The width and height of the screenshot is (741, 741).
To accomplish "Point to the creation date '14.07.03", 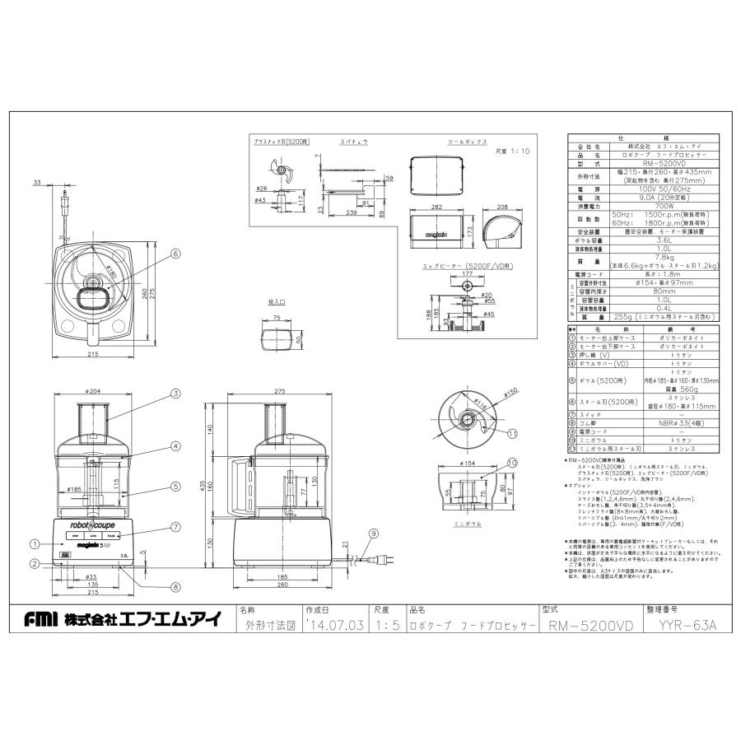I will pyautogui.click(x=334, y=626).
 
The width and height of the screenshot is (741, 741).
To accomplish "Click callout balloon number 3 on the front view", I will pyautogui.click(x=175, y=394).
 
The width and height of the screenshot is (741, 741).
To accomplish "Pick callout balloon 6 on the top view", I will pyautogui.click(x=175, y=254).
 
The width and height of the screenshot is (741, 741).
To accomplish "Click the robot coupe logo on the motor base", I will pyautogui.click(x=89, y=523).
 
